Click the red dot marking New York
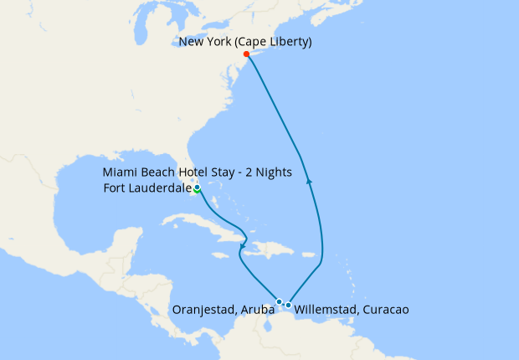coord(246,54)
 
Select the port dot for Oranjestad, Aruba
coord(279,301)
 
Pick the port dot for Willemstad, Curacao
coord(288,305)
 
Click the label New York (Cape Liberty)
coord(244,42)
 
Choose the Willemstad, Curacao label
coord(352,310)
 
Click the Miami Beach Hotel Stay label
coord(198,172)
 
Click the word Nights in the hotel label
coord(272,172)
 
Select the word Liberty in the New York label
coord(286,42)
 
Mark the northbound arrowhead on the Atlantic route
coord(310,179)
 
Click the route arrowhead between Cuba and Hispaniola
coord(242,247)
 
